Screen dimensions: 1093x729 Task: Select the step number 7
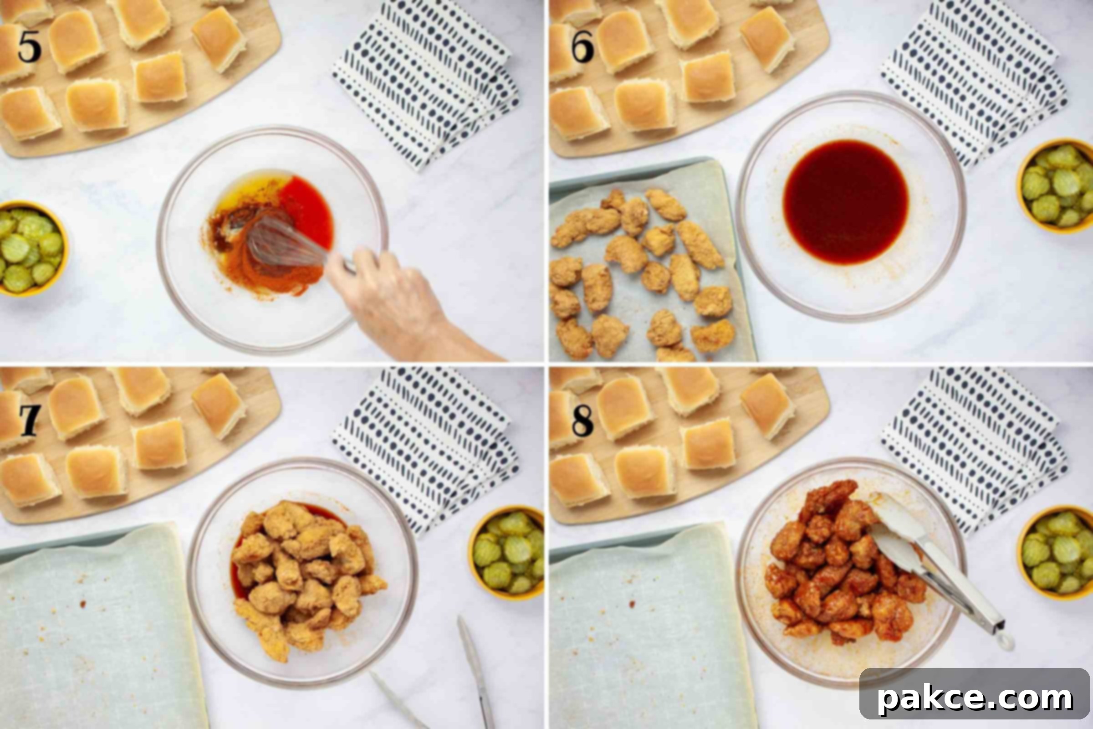click(x=30, y=420)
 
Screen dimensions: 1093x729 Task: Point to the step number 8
click(x=582, y=420)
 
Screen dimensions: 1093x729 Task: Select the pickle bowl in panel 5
click(x=32, y=249)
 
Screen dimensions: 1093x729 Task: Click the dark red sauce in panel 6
click(x=846, y=202)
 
